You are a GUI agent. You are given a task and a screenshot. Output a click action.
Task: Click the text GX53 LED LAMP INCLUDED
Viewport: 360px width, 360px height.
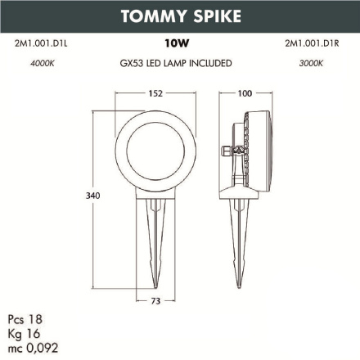(x=173, y=62)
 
